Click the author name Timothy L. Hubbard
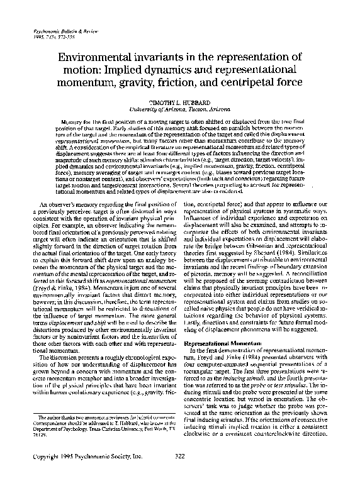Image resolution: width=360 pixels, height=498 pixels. (x=179, y=102)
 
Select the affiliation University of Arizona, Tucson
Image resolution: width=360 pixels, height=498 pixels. (x=179, y=108)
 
